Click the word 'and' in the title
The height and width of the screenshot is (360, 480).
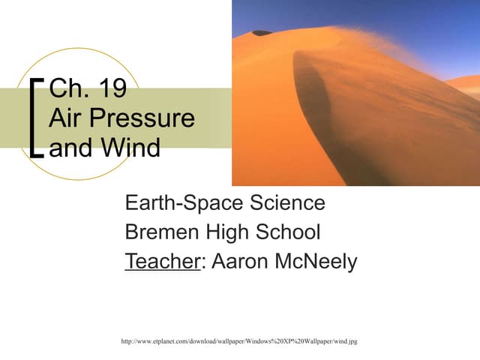(71, 146)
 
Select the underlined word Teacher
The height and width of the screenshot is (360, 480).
(162, 262)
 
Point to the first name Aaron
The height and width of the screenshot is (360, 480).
(239, 262)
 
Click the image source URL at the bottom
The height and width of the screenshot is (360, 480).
(238, 342)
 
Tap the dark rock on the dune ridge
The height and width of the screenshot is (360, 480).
(262, 33)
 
